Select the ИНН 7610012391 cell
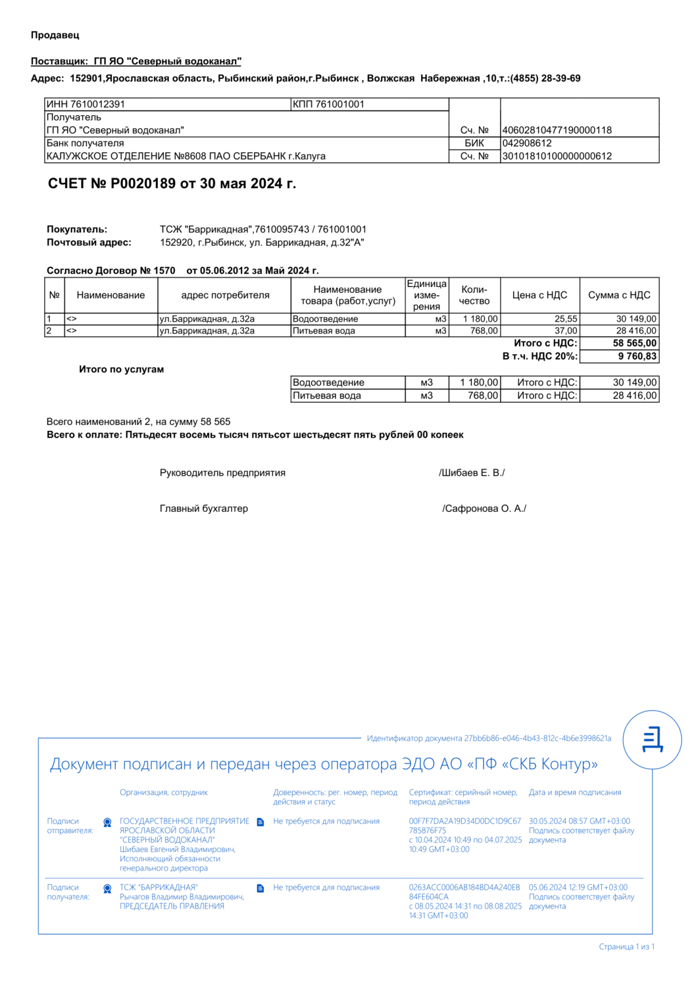click(86, 104)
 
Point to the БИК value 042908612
click(527, 143)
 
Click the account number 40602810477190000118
click(557, 130)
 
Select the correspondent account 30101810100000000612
click(557, 156)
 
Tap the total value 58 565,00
click(634, 343)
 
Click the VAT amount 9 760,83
click(637, 356)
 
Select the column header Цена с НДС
click(539, 295)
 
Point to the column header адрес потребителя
click(225, 295)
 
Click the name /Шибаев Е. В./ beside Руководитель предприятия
click(472, 472)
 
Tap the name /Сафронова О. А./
click(484, 509)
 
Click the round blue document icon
click(652, 740)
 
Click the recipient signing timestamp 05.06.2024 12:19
click(578, 888)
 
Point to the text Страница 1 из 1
click(626, 947)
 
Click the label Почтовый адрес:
click(89, 242)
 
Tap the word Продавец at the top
click(55, 35)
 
